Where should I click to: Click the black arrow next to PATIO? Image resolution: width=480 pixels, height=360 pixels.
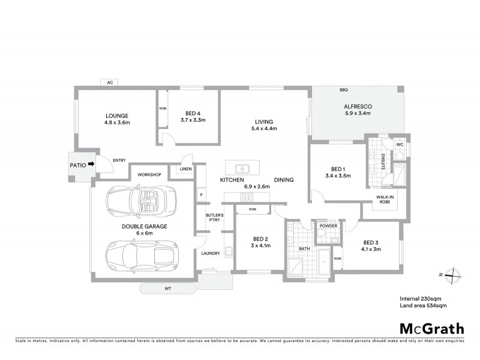tap(91, 163)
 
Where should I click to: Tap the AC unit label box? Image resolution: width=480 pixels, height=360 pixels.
tap(110, 82)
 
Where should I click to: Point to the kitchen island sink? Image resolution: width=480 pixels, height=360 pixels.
tap(242, 167)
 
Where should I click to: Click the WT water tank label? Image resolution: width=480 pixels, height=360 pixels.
tap(167, 289)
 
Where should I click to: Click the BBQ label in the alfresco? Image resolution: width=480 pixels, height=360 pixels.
tap(343, 90)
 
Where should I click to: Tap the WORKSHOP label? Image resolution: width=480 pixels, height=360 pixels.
tap(150, 175)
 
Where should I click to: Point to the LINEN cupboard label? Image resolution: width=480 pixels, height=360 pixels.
tap(185, 170)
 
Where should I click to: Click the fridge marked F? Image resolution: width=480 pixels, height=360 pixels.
tap(202, 195)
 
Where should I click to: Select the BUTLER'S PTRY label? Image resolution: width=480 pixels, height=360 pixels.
tap(214, 218)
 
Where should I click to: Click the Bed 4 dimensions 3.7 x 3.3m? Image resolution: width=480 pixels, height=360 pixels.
tap(193, 120)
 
